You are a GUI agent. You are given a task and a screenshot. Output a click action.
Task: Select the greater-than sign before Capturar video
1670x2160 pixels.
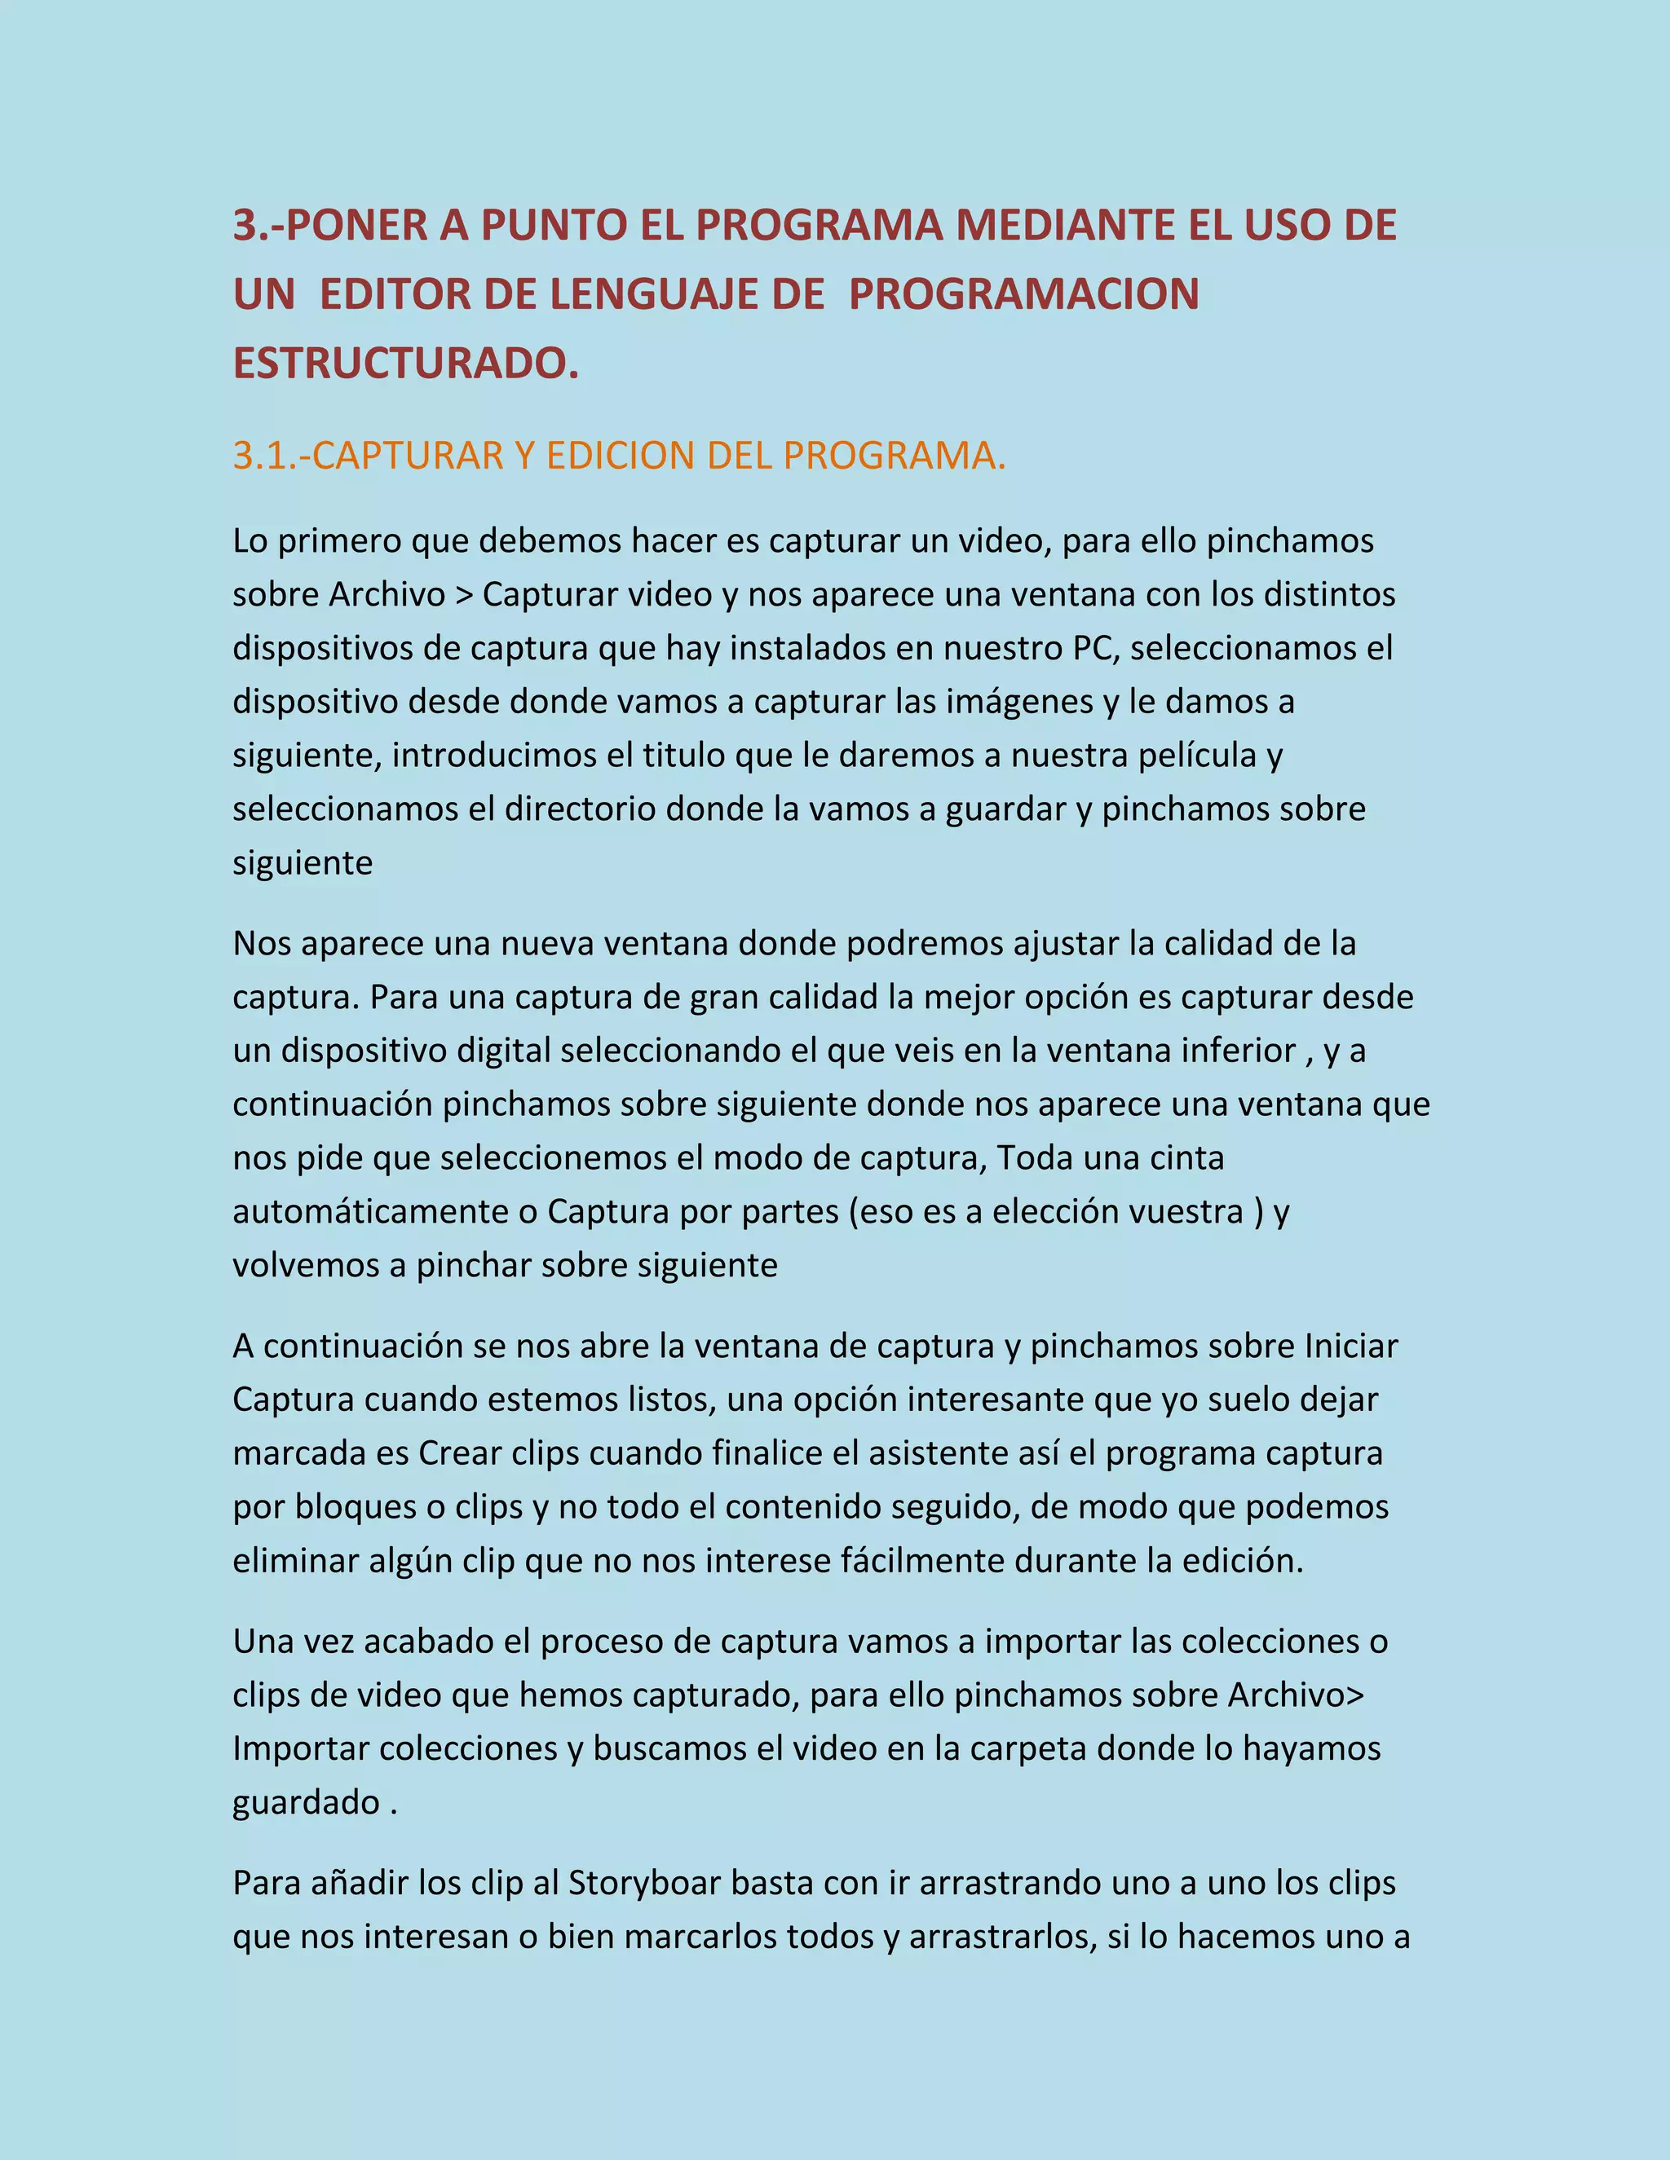coord(464,595)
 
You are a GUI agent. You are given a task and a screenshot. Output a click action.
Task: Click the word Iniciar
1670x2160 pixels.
coord(1350,1346)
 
